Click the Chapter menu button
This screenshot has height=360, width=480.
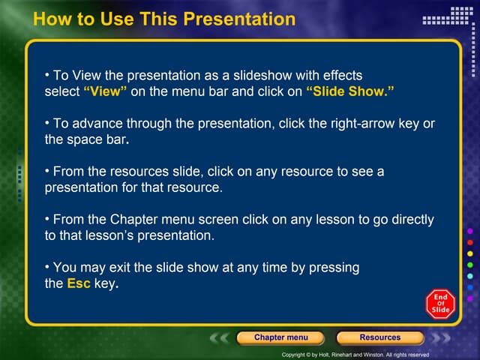pyautogui.click(x=280, y=337)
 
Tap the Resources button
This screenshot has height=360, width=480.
pyautogui.click(x=379, y=337)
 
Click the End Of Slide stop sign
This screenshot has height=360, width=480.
pyautogui.click(x=440, y=304)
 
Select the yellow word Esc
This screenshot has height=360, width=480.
pyautogui.click(x=79, y=284)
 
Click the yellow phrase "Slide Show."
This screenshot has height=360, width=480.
pyautogui.click(x=350, y=91)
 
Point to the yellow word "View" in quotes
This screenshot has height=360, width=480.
pyautogui.click(x=105, y=91)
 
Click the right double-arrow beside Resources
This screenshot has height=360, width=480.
pyautogui.click(x=440, y=338)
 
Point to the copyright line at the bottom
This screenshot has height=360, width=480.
pyautogui.click(x=355, y=355)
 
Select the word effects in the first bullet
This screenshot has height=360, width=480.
pyautogui.click(x=341, y=76)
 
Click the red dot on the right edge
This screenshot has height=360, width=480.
pyautogui.click(x=470, y=243)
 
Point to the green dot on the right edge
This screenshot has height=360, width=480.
pyautogui.click(x=470, y=265)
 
